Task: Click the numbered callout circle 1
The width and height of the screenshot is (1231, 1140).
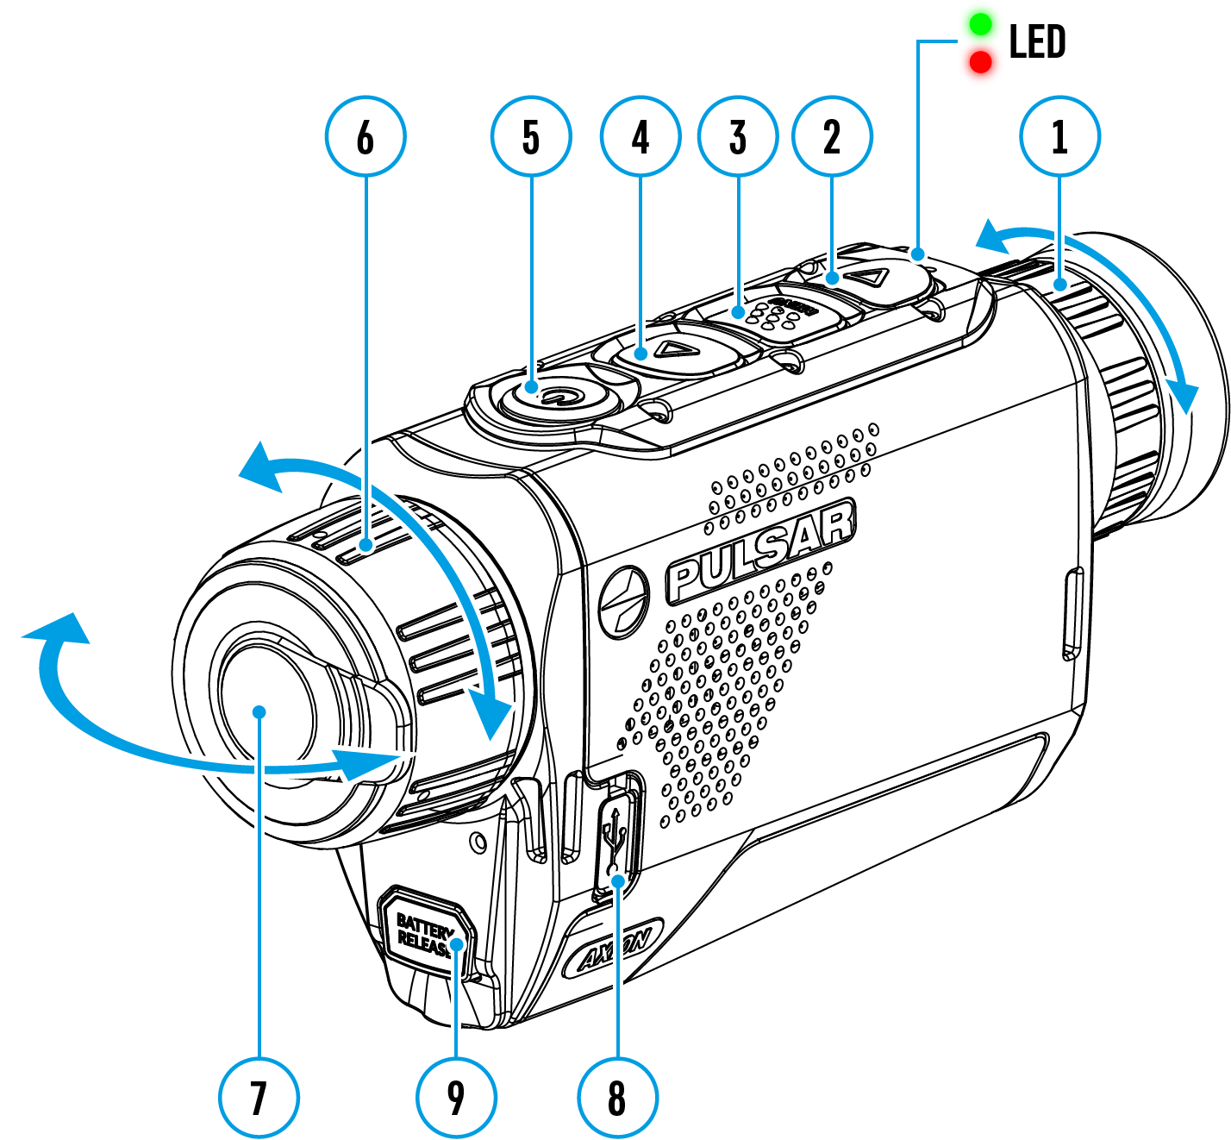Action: click(1059, 136)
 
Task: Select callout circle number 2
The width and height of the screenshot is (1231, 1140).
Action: click(832, 136)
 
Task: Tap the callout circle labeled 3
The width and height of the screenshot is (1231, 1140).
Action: click(738, 136)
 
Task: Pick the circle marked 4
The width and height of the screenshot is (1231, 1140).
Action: click(640, 136)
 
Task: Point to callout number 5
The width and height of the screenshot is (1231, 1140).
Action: click(531, 136)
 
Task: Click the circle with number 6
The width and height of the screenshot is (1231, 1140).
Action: click(366, 136)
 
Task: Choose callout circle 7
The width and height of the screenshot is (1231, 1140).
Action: click(259, 1098)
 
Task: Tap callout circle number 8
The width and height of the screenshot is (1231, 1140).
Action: click(617, 1098)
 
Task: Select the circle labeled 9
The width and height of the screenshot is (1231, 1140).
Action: click(456, 1098)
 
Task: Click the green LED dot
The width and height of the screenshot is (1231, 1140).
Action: click(980, 23)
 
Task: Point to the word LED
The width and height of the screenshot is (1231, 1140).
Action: click(1037, 42)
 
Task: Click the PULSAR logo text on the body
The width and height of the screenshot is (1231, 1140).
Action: click(762, 551)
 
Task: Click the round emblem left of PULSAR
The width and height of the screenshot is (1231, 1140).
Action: click(624, 602)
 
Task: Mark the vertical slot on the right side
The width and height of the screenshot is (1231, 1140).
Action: click(1072, 613)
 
